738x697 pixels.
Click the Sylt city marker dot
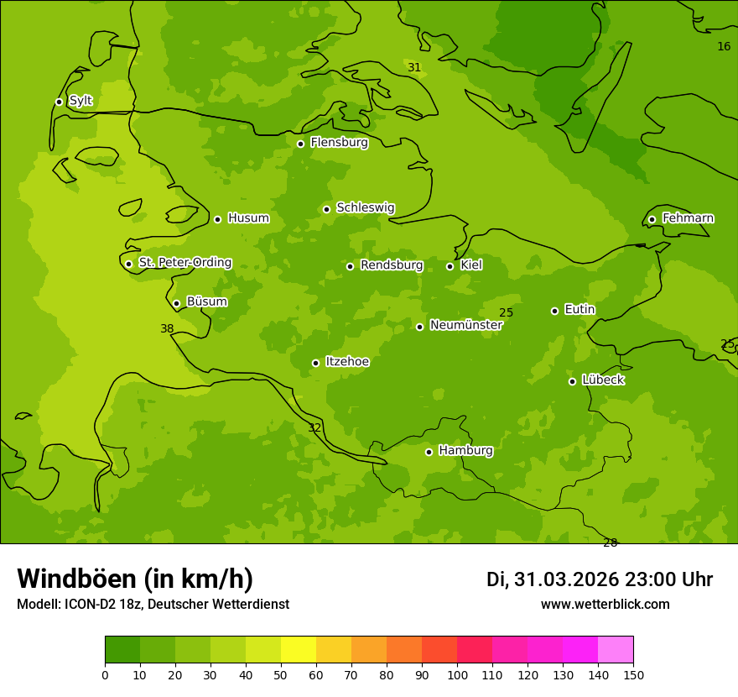coord(59,102)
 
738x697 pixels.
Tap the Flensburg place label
coord(339,143)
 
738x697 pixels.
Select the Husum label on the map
coord(248,218)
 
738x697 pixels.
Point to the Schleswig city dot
coord(326,209)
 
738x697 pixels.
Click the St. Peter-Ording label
coord(185,263)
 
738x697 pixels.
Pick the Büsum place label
coord(206,301)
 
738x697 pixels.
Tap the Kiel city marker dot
coord(450,266)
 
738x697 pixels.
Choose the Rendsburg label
coord(392,265)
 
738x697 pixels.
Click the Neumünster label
coord(465,325)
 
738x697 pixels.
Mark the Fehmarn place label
coord(688,218)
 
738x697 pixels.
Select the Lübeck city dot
coord(572,381)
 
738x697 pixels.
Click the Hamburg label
coord(465,451)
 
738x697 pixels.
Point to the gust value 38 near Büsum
coord(167,329)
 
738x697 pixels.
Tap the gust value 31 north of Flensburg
coord(414,67)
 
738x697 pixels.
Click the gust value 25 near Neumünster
coord(506,313)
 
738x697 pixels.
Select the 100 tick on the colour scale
coord(457,674)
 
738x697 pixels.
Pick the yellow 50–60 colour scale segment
coord(299,650)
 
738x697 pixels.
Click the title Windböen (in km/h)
coord(135,579)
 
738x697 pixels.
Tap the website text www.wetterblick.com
coord(605,605)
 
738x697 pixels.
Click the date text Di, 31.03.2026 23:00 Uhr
coord(600,579)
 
